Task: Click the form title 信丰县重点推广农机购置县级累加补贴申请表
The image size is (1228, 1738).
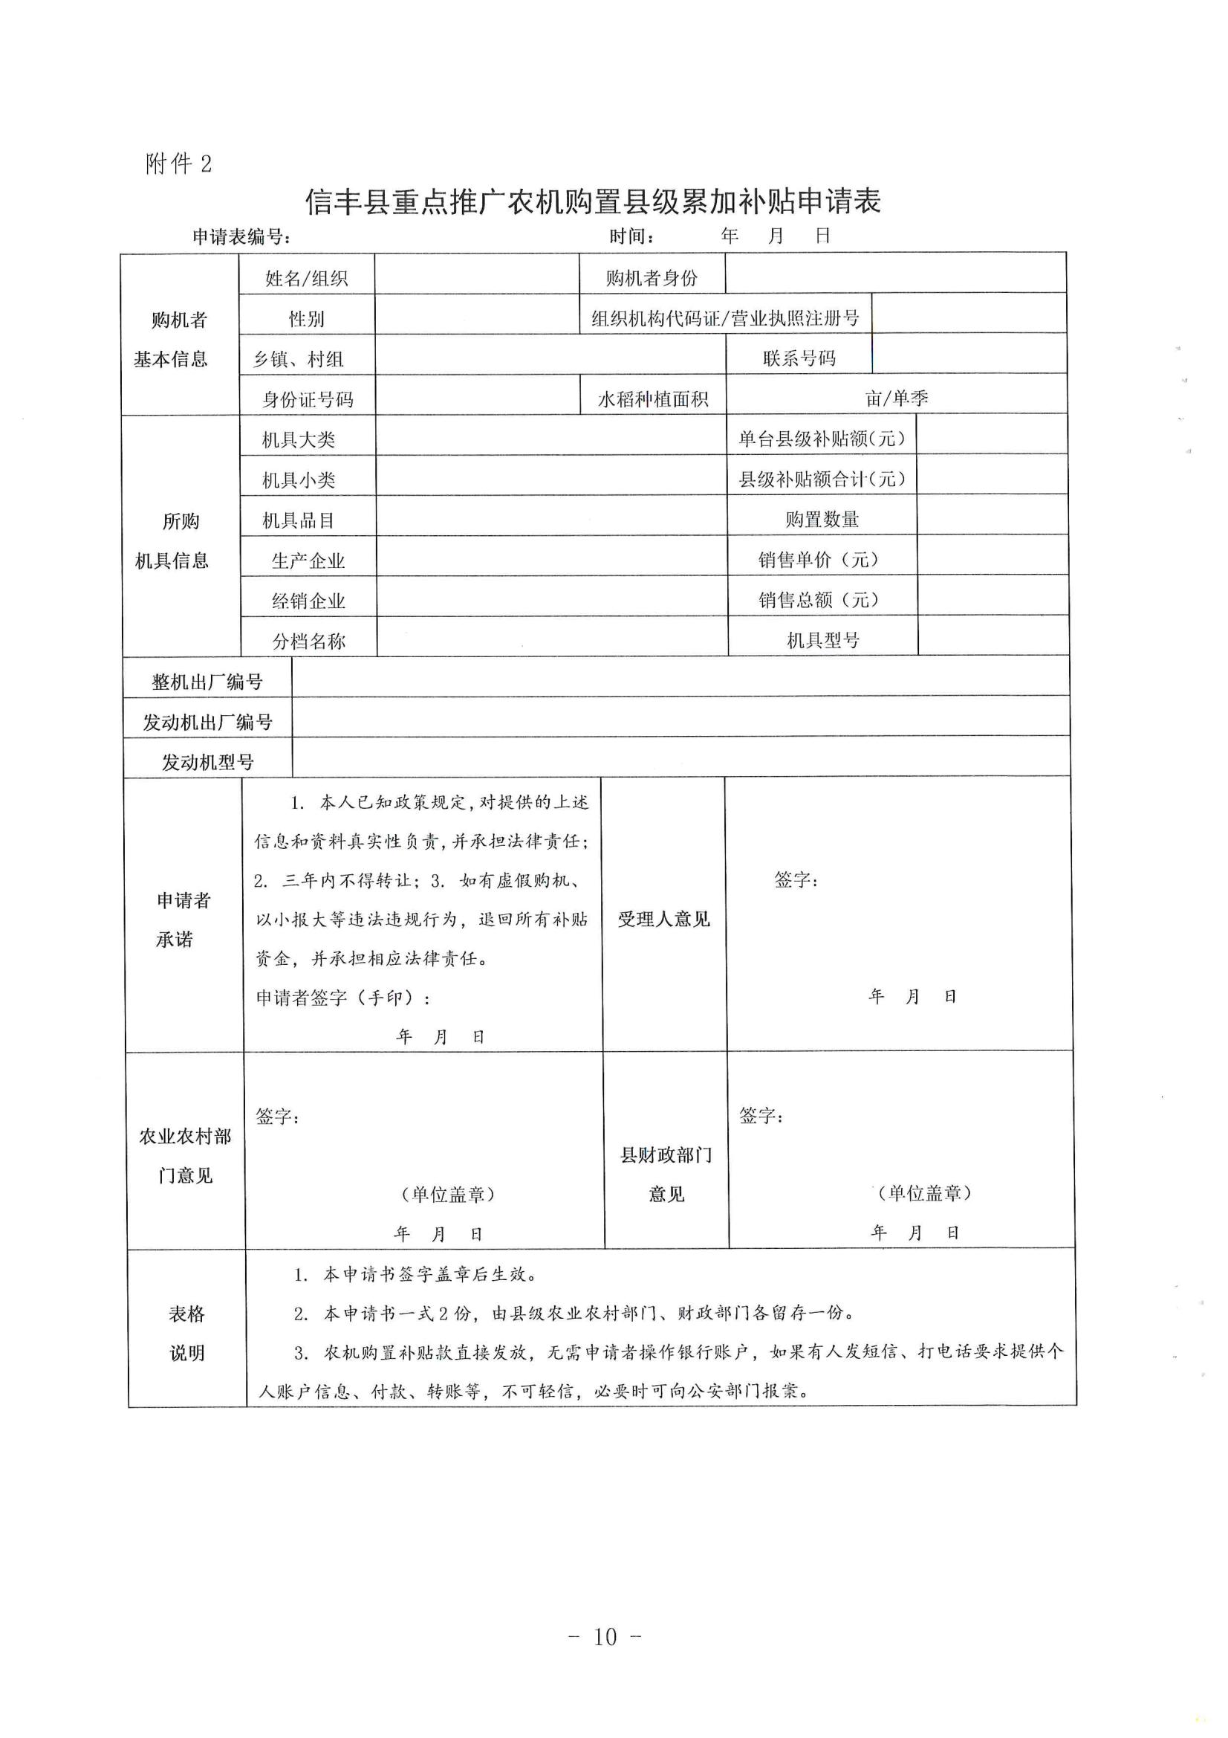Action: tap(592, 202)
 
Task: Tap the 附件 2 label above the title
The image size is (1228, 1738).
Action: tap(178, 164)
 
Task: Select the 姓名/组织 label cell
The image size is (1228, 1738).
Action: tap(306, 279)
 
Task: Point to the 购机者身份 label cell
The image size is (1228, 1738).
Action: tap(652, 278)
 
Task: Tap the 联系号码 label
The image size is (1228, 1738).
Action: tap(799, 358)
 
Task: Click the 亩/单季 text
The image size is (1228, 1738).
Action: tap(897, 398)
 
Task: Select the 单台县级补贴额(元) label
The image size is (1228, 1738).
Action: tap(822, 439)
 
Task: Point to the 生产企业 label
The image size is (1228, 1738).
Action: tap(308, 561)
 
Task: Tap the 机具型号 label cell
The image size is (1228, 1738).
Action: tap(823, 640)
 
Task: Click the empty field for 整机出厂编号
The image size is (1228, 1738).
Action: tap(680, 677)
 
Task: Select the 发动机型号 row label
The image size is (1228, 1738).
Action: tap(207, 761)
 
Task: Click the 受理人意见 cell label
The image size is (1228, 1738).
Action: tap(663, 919)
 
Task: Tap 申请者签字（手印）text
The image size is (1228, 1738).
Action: tap(342, 998)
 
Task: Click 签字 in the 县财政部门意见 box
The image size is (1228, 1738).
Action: tap(761, 1115)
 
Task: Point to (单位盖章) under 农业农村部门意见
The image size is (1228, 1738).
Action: tap(447, 1194)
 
